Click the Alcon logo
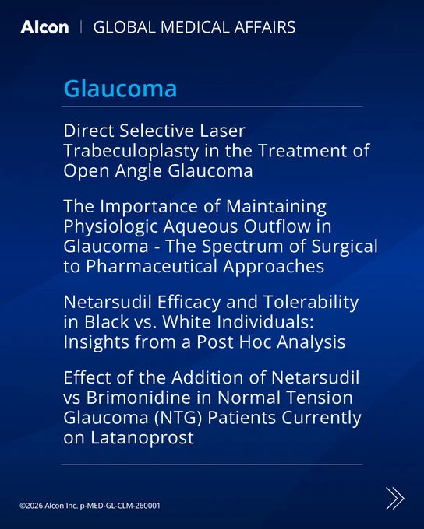coord(44,27)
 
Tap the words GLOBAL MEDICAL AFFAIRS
coord(194,27)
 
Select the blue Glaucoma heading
coord(120,89)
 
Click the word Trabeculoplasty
coord(131,151)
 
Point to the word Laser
coord(222,131)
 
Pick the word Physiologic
coord(111,226)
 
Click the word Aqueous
coord(201,226)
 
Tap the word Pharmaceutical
coord(151,266)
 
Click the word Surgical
coord(344,247)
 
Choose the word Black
coord(107,322)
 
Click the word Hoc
coord(254,342)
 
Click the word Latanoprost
coord(142,438)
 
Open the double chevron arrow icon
coord(395,498)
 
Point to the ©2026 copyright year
coord(31,506)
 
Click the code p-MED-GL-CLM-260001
coord(120,506)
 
